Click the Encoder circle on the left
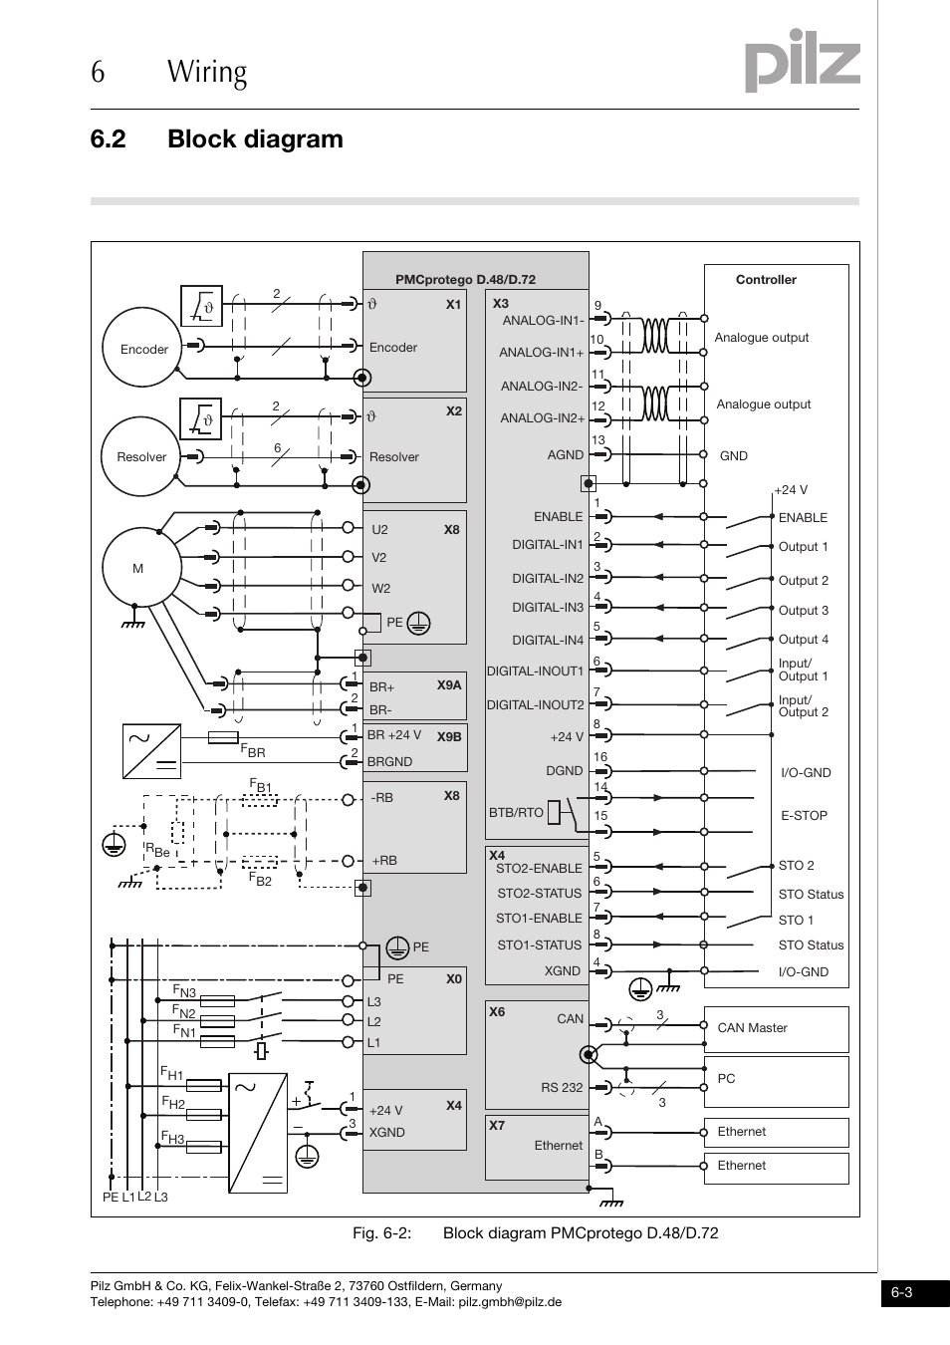[x=145, y=350]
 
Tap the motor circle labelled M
[x=138, y=569]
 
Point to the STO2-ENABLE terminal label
[x=539, y=868]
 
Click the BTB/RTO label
[x=516, y=812]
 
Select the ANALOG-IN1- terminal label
[x=543, y=321]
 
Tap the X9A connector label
[x=449, y=684]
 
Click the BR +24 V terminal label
[x=394, y=735]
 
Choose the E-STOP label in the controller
[x=804, y=815]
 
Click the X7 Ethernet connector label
[x=497, y=1126]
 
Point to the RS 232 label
[x=562, y=1087]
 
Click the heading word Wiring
[x=207, y=73]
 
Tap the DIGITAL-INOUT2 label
[x=535, y=704]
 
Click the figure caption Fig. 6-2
[x=382, y=1233]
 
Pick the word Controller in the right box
[x=766, y=280]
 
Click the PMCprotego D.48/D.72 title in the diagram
[x=465, y=280]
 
